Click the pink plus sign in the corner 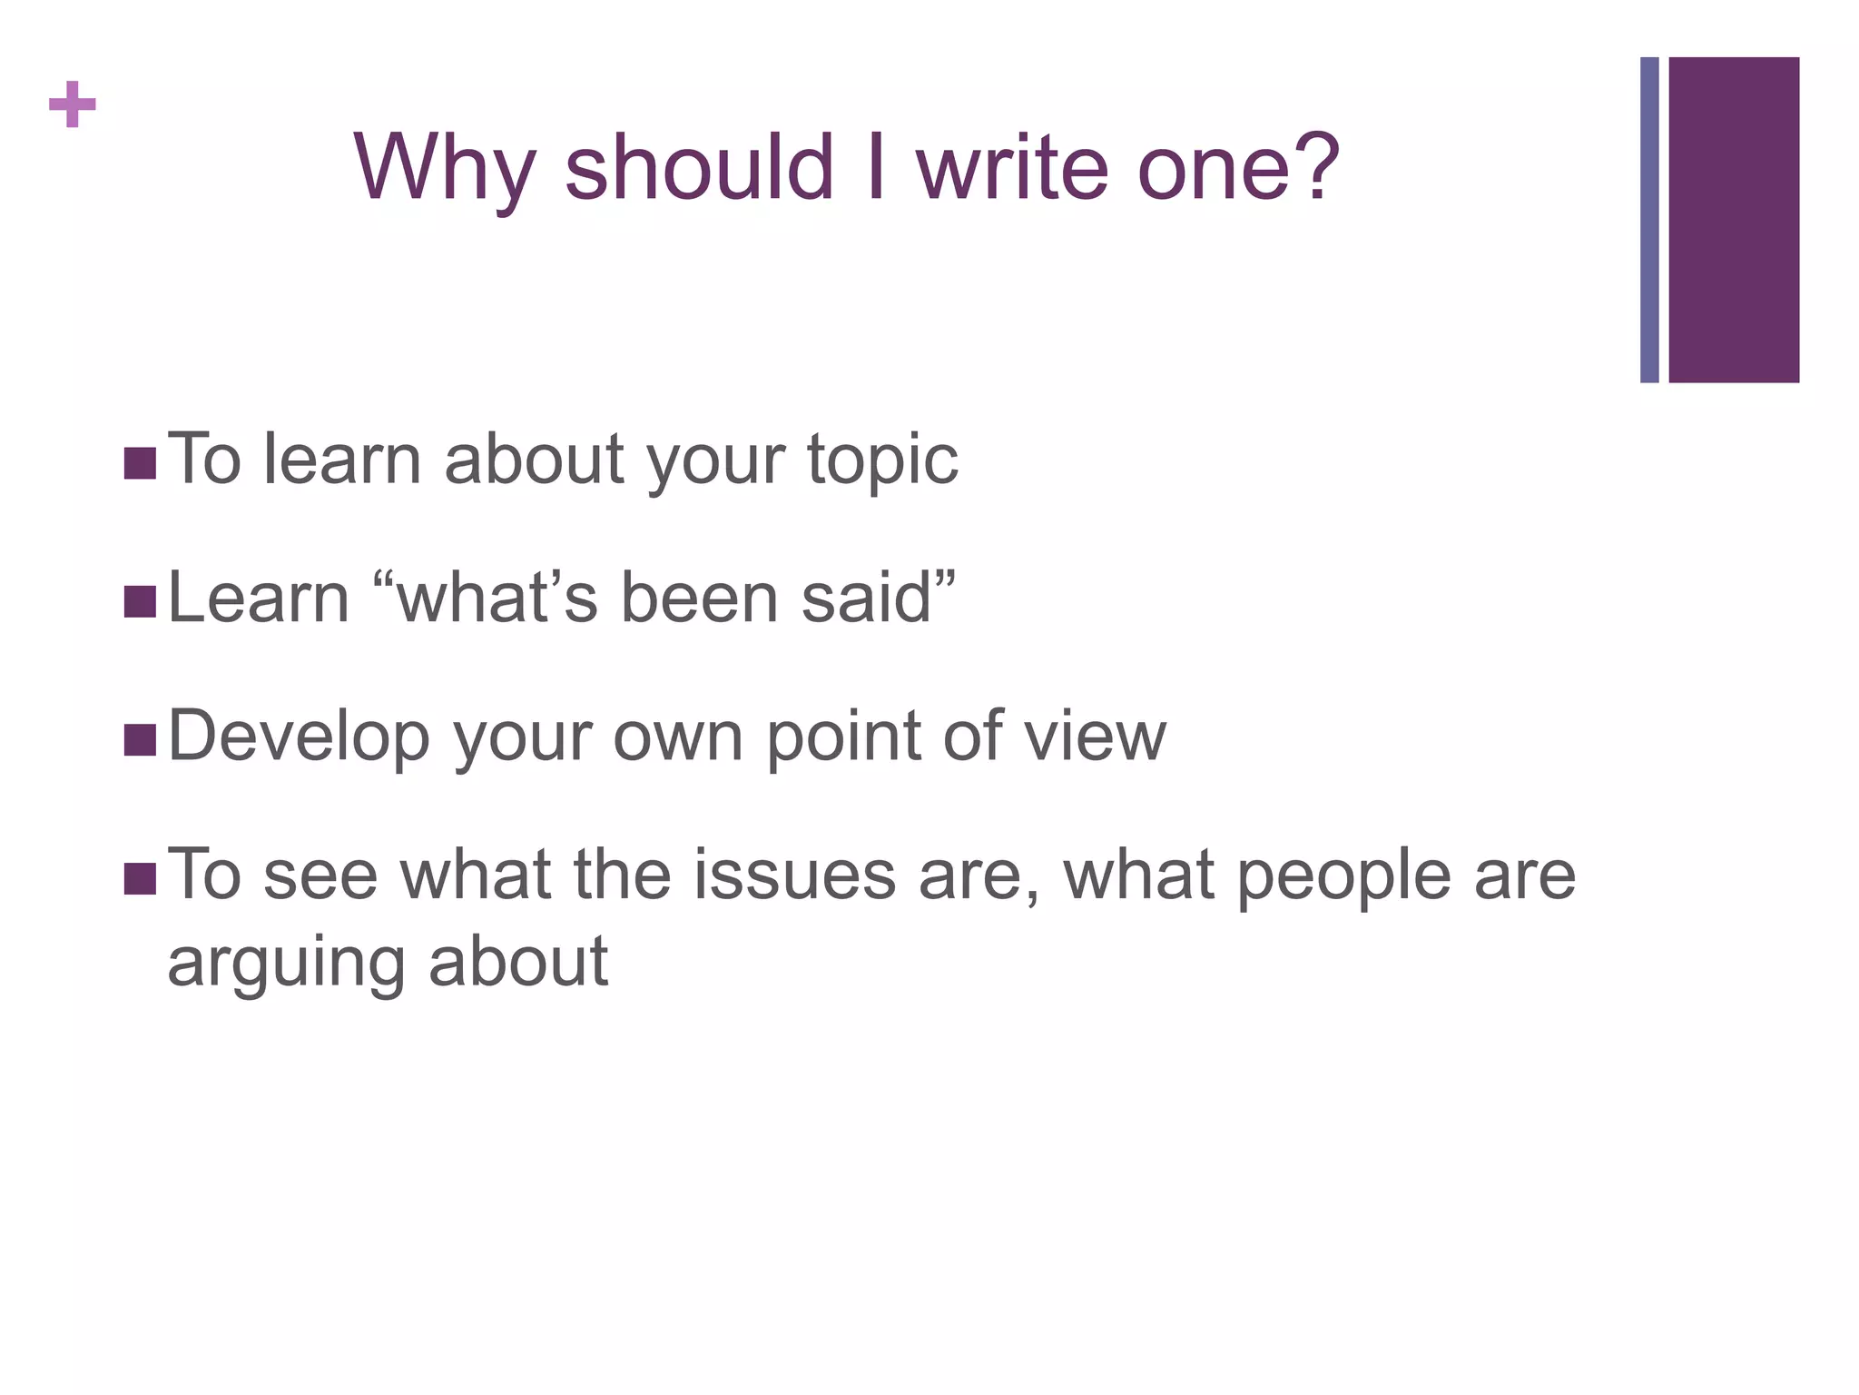(x=73, y=104)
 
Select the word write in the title (x=1013, y=168)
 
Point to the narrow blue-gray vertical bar (x=1649, y=220)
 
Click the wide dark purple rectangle (x=1734, y=220)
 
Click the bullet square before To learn (x=140, y=463)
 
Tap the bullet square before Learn (x=140, y=601)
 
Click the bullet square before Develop (x=140, y=739)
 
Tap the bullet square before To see (x=140, y=878)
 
